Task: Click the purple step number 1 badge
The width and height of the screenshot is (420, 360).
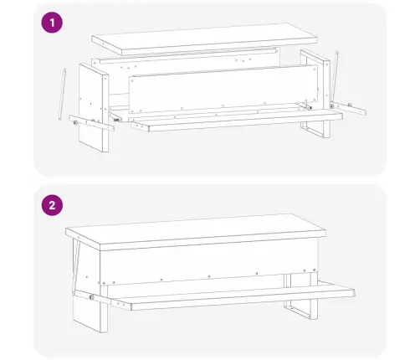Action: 52,23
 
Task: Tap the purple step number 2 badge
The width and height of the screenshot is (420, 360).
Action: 52,205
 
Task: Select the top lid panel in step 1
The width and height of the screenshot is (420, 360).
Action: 205,39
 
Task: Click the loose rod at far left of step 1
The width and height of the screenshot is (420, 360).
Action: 62,95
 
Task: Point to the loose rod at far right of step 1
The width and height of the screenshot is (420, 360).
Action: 335,76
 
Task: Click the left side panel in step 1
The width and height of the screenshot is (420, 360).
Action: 94,108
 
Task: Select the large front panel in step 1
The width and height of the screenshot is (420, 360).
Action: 223,89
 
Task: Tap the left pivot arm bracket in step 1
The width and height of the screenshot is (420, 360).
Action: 91,123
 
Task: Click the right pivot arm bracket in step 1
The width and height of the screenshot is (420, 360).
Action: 349,108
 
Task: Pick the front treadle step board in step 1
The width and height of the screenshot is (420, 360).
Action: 237,121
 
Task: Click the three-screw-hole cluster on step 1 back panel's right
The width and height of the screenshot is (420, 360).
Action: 243,60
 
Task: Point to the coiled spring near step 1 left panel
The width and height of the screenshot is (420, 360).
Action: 116,120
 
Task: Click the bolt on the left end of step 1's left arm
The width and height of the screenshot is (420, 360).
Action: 75,122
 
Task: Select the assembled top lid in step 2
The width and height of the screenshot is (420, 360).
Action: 196,232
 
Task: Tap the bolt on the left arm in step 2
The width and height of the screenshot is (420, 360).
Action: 91,297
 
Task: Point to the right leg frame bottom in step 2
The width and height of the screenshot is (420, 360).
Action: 300,309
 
